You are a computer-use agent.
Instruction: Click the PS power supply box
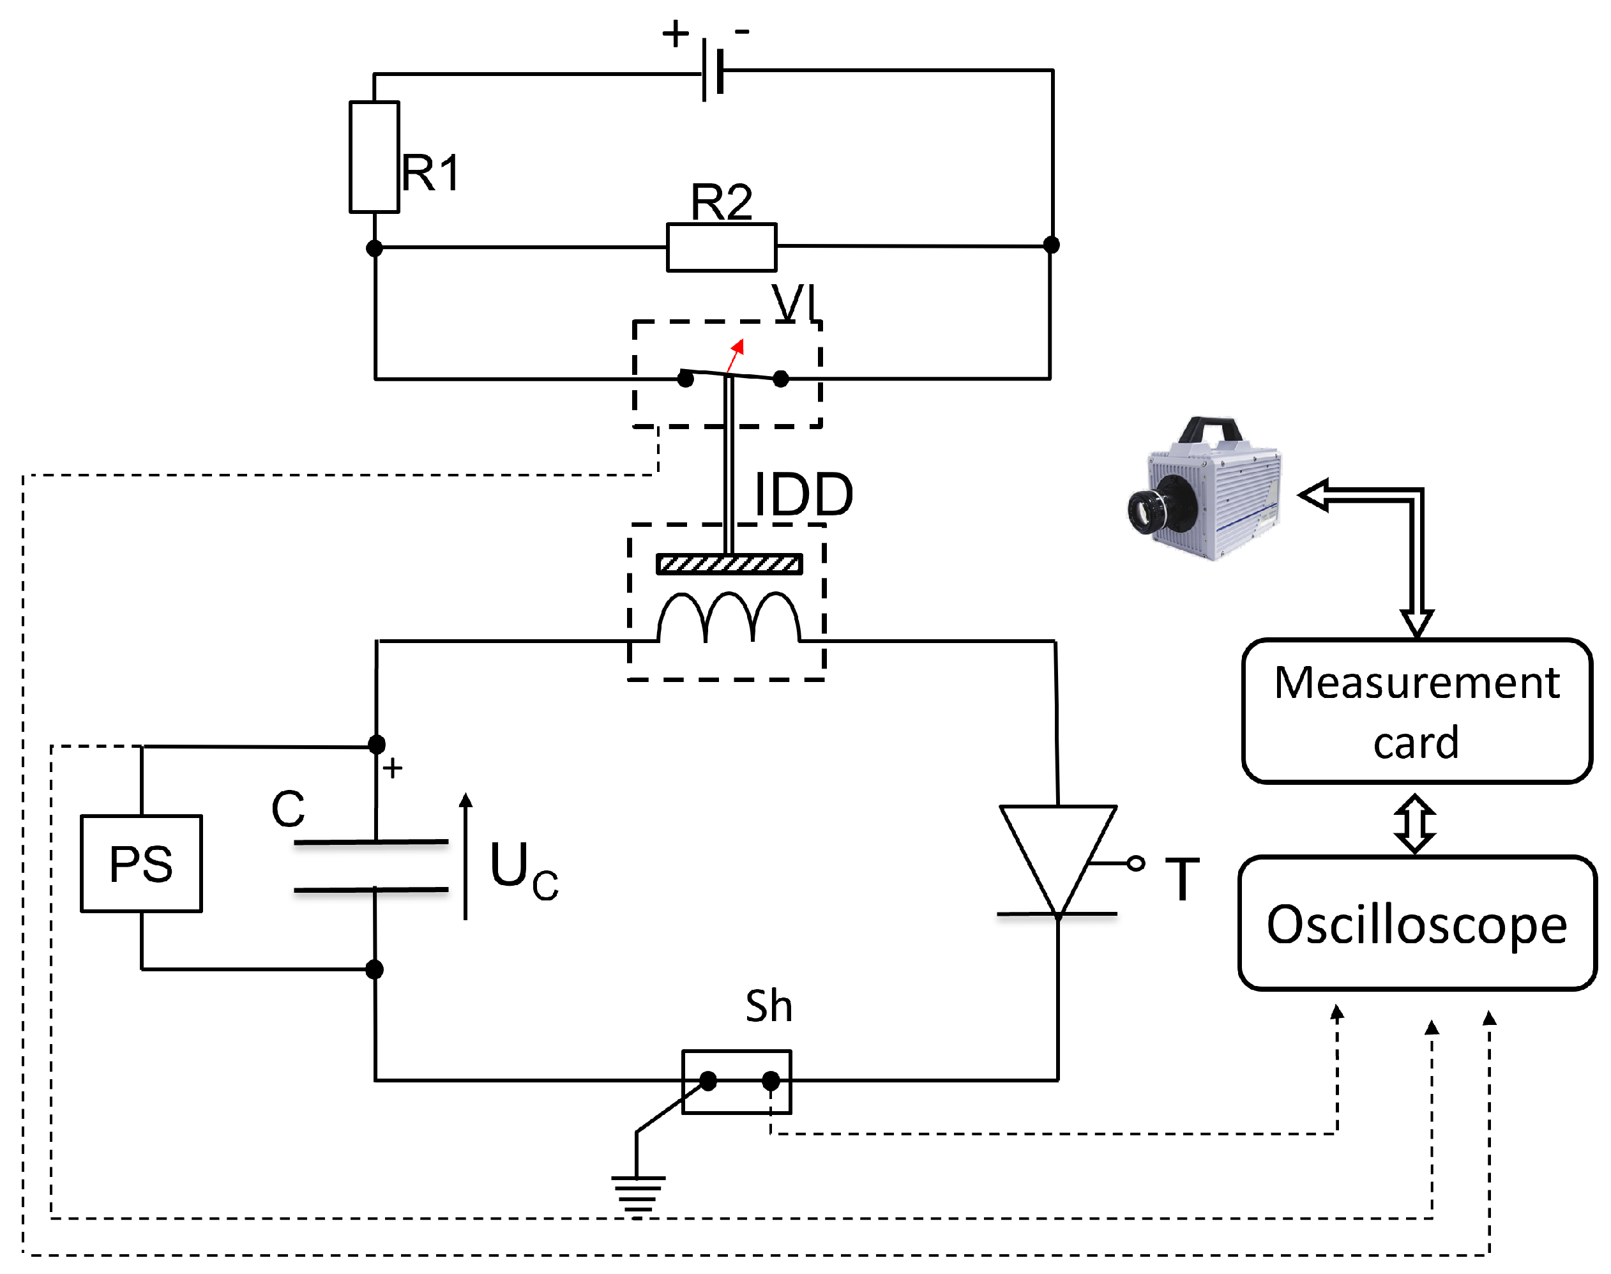pyautogui.click(x=141, y=863)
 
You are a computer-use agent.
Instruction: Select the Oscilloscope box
pyautogui.click(x=1416, y=923)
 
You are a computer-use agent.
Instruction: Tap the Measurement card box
pyautogui.click(x=1416, y=711)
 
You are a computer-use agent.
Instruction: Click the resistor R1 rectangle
pyautogui.click(x=374, y=156)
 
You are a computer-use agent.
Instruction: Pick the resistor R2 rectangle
pyautogui.click(x=722, y=247)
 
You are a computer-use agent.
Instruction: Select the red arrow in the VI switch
pyautogui.click(x=736, y=355)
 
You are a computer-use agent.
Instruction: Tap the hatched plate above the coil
pyautogui.click(x=729, y=564)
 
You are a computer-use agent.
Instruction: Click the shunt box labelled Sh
pyautogui.click(x=737, y=1082)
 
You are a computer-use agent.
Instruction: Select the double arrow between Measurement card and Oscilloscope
pyautogui.click(x=1415, y=823)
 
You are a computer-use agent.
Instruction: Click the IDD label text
pyautogui.click(x=803, y=494)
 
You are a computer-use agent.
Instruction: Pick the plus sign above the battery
pyautogui.click(x=676, y=34)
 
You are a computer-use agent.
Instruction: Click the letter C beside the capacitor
pyautogui.click(x=288, y=808)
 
